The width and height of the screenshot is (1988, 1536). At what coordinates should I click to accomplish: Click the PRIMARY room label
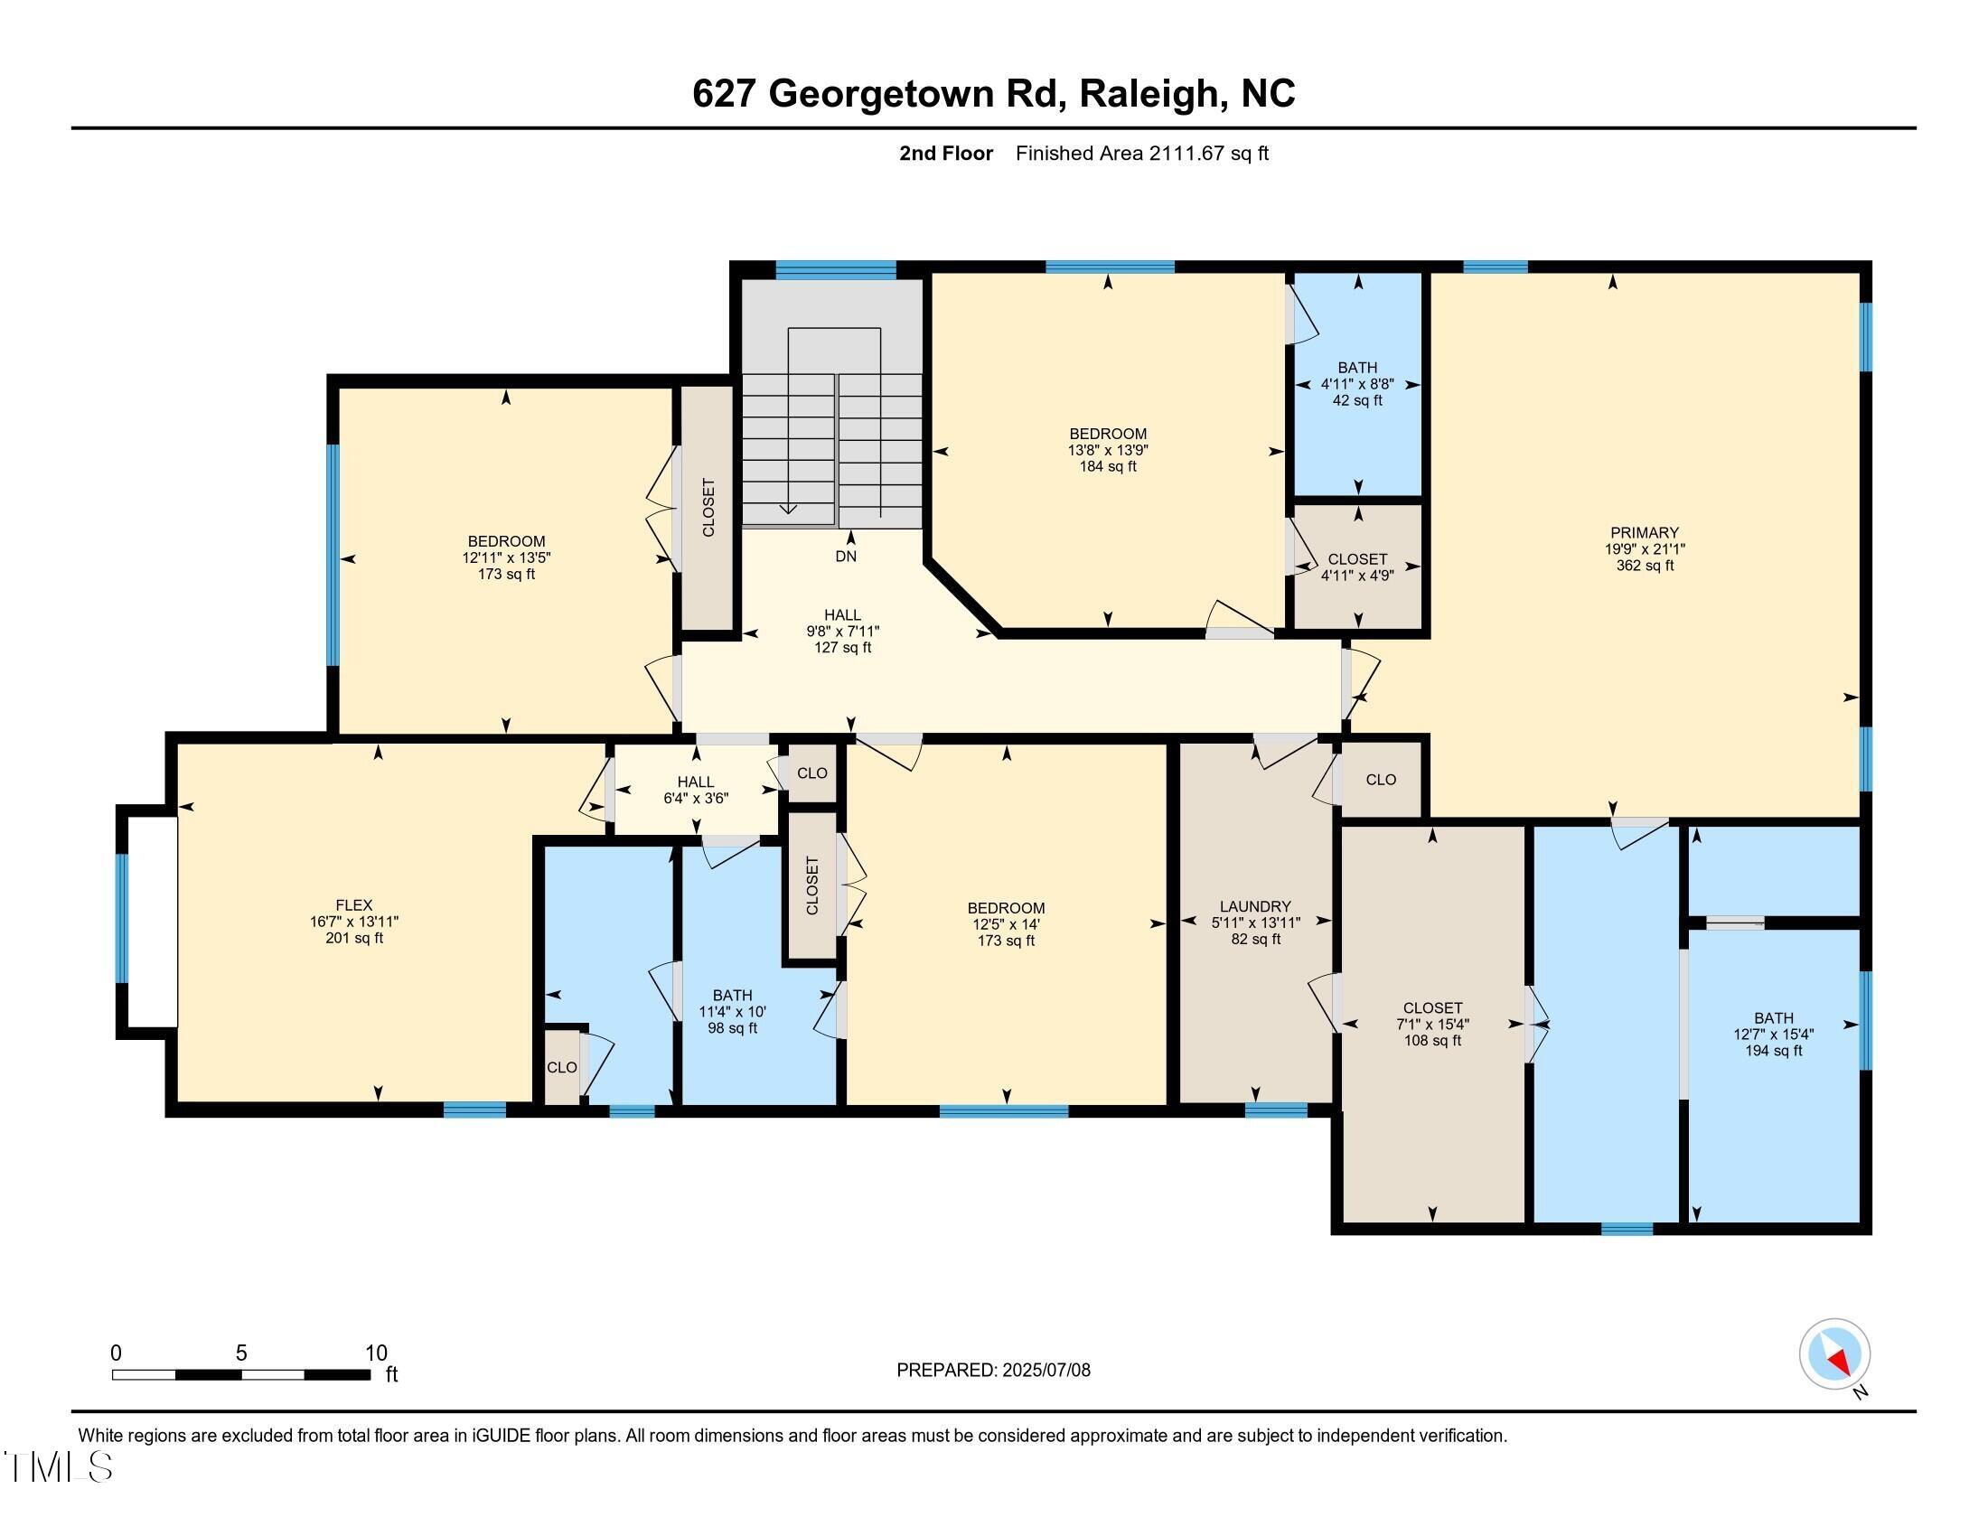pyautogui.click(x=1644, y=532)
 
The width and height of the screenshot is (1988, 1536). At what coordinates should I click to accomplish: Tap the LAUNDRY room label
pyautogui.click(x=1255, y=906)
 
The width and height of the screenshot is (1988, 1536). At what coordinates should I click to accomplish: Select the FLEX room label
pyautogui.click(x=354, y=904)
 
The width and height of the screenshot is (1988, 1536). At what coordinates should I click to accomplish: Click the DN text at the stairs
pyautogui.click(x=846, y=556)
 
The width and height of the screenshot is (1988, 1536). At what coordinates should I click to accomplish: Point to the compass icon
pyautogui.click(x=1834, y=1353)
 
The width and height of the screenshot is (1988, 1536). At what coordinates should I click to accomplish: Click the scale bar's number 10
pyautogui.click(x=376, y=1353)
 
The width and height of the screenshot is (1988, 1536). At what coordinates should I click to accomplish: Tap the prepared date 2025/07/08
pyautogui.click(x=1045, y=1370)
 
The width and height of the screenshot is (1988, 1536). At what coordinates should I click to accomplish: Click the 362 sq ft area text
pyautogui.click(x=1644, y=565)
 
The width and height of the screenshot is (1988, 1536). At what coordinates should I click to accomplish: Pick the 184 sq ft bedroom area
pyautogui.click(x=1108, y=467)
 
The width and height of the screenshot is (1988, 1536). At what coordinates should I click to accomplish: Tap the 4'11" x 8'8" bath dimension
pyautogui.click(x=1357, y=384)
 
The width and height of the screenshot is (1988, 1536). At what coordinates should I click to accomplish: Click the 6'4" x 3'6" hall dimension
pyautogui.click(x=696, y=798)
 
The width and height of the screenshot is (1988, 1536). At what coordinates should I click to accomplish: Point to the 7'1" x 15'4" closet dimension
pyautogui.click(x=1432, y=1024)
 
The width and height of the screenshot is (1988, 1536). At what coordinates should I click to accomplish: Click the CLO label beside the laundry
pyautogui.click(x=1381, y=779)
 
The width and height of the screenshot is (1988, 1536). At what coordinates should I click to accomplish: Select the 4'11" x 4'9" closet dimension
pyautogui.click(x=1357, y=575)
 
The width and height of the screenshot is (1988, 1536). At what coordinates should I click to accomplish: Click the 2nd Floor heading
pyautogui.click(x=946, y=153)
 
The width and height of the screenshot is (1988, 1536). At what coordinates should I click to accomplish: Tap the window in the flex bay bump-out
pyautogui.click(x=122, y=918)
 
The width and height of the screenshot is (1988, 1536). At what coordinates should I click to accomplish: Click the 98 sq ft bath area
pyautogui.click(x=732, y=1028)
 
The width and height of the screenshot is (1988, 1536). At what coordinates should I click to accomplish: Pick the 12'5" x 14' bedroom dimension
pyautogui.click(x=1006, y=923)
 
